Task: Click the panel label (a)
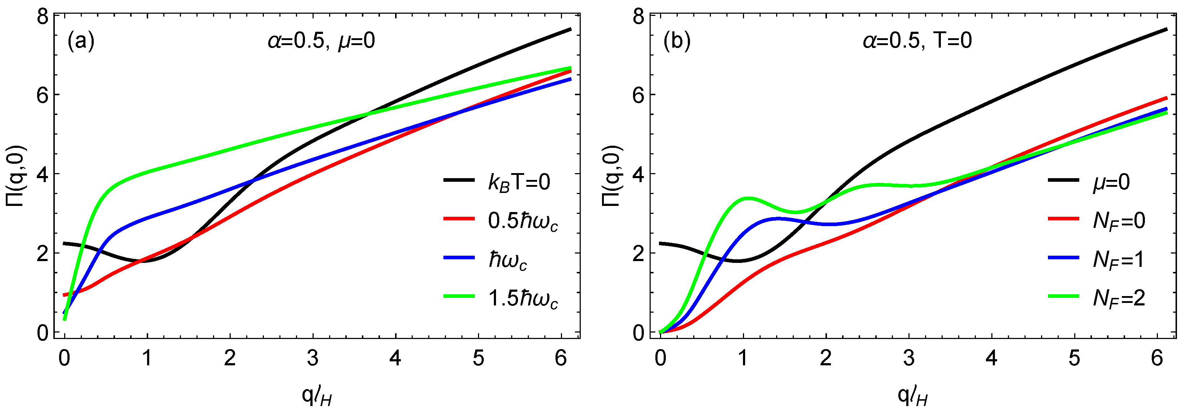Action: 81,41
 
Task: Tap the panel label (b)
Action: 677,41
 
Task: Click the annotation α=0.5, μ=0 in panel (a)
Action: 321,41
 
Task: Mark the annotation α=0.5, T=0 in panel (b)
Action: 917,41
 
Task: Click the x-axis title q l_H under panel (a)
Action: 317,395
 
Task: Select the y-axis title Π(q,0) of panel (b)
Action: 613,175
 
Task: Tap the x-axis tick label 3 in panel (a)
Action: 313,358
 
